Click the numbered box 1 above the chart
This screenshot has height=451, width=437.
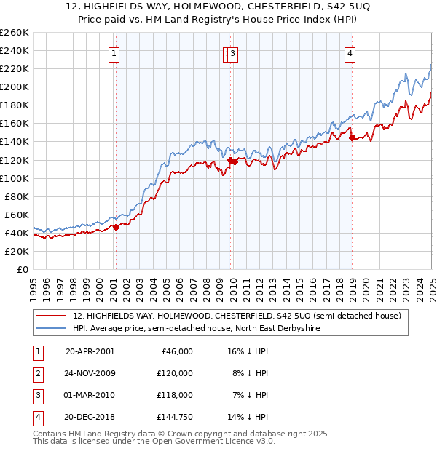(116, 53)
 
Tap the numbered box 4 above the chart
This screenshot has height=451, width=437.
(350, 53)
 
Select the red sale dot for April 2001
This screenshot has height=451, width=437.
(116, 227)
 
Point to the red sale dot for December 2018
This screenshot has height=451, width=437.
(352, 137)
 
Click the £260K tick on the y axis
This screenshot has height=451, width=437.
(14, 33)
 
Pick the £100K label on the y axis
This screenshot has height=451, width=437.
(14, 178)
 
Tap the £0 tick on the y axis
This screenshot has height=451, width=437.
(22, 269)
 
